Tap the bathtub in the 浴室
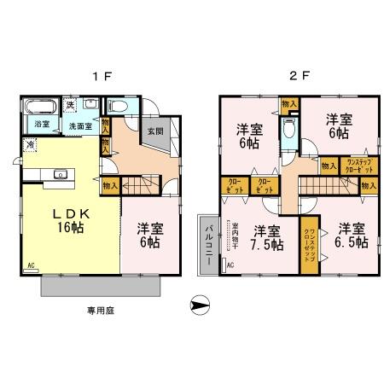pos(39,108)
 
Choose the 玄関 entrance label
pos(154,131)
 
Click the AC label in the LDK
pos(32,266)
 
